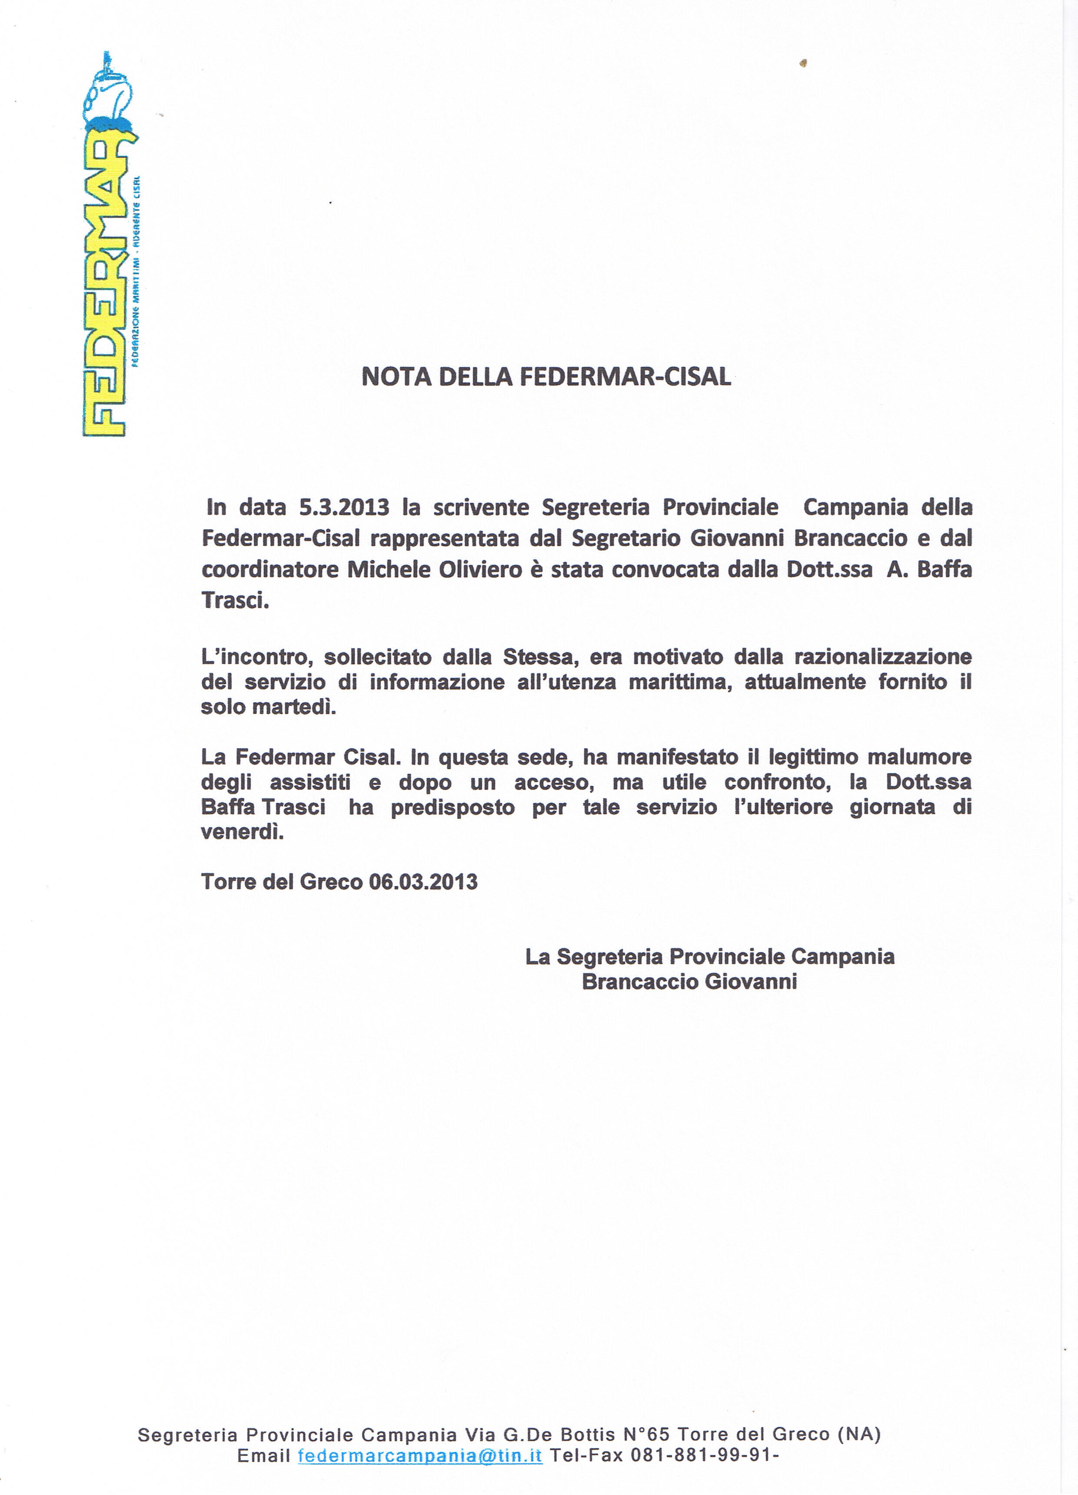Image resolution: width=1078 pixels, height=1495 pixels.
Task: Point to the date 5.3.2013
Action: pyautogui.click(x=343, y=508)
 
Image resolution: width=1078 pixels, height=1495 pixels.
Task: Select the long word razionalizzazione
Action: pyautogui.click(x=882, y=657)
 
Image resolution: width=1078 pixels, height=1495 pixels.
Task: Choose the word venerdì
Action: pyautogui.click(x=242, y=833)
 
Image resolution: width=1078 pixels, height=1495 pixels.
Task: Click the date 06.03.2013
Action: pyautogui.click(x=423, y=882)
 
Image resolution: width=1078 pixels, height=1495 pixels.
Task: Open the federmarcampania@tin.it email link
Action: pyautogui.click(x=420, y=1455)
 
